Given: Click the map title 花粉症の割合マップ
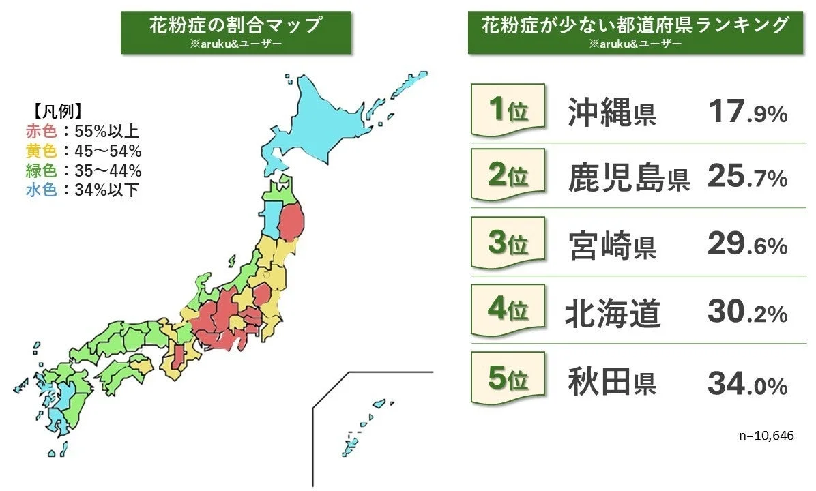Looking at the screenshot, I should (x=235, y=26).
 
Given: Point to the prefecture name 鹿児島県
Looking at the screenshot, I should (x=628, y=179).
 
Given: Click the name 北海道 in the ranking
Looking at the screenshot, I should (x=613, y=313).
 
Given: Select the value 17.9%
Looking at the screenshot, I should (x=747, y=113).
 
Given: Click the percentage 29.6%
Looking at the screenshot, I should (x=747, y=246).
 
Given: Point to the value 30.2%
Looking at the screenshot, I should (x=747, y=313).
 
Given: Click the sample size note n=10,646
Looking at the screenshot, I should (x=766, y=435).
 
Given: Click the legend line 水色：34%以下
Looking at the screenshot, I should (x=83, y=190).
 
